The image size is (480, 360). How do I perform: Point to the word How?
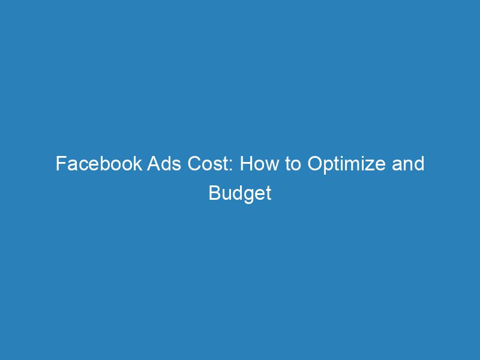(x=257, y=164)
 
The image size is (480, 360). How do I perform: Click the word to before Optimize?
(x=292, y=164)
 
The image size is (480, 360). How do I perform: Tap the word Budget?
(x=240, y=194)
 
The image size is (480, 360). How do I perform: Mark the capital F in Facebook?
(x=60, y=164)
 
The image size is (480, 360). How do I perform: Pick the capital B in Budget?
(x=214, y=194)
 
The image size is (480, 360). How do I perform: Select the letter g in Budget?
(x=248, y=197)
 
